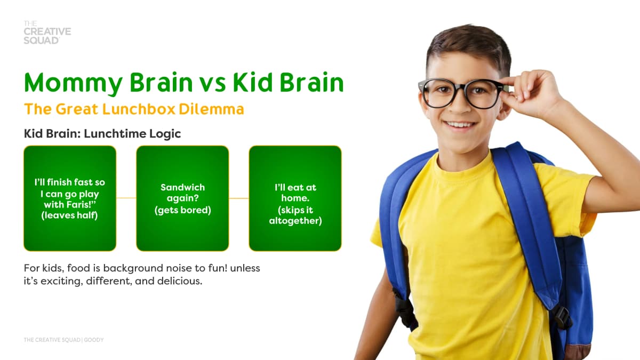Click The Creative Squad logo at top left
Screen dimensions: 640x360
click(x=47, y=33)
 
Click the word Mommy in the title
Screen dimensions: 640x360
click(x=74, y=83)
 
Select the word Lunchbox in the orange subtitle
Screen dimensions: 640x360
click(x=139, y=109)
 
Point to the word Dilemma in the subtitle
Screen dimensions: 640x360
click(x=211, y=109)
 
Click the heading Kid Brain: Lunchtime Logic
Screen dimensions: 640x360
click(x=102, y=134)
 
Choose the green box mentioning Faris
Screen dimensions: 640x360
click(x=70, y=198)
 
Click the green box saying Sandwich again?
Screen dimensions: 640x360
click(x=182, y=198)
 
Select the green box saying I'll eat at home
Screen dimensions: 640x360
click(x=295, y=198)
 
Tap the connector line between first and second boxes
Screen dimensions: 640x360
click(x=126, y=198)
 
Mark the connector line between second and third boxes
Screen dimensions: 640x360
click(x=239, y=198)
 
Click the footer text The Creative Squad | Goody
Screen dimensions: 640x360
click(x=63, y=340)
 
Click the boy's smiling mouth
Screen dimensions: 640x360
click(x=460, y=125)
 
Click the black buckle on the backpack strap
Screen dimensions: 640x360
click(x=562, y=318)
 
